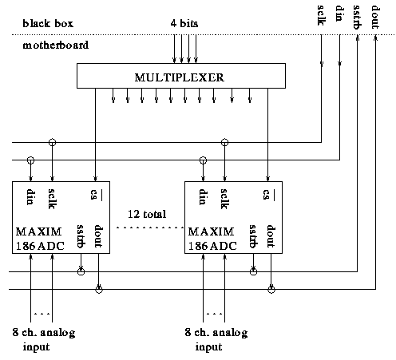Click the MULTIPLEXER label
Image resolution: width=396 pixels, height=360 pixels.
179,77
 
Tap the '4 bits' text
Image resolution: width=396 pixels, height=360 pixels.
184,23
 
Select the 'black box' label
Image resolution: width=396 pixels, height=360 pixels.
48,23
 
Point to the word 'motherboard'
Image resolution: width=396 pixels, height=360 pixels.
56,45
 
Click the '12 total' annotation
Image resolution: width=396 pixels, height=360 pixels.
147,214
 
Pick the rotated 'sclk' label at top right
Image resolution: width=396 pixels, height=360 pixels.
321,15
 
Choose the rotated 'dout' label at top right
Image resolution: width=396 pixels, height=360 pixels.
375,18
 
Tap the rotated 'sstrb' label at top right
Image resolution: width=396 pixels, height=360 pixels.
357,17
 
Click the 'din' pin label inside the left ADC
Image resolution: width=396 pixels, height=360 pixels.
30,197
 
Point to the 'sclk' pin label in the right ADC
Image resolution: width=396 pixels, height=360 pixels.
224,199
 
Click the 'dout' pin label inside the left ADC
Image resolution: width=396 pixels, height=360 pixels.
98,236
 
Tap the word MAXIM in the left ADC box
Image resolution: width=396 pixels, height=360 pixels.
39,231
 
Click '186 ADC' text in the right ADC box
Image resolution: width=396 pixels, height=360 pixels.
212,246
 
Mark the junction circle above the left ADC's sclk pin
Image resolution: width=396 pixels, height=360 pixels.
53,142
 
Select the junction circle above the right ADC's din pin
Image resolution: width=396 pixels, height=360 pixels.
203,160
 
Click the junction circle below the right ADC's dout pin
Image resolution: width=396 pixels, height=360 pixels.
271,290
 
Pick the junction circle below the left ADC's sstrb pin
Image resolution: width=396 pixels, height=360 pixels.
81,271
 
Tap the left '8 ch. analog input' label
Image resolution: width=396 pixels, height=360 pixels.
44,339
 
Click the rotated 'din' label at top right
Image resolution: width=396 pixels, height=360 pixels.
339,14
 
